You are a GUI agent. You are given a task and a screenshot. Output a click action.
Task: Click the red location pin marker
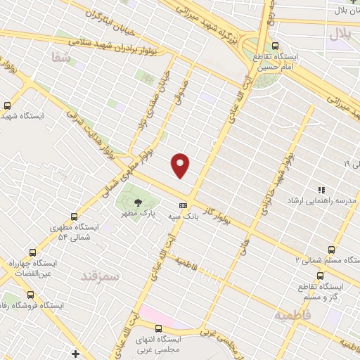[181, 165]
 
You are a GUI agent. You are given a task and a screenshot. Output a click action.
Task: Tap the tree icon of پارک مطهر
[137, 202]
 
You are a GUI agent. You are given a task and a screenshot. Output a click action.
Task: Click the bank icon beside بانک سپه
[184, 205]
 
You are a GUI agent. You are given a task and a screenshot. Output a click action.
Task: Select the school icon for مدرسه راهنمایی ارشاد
[321, 190]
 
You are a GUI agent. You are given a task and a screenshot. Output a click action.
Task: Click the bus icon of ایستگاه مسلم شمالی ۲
[331, 250]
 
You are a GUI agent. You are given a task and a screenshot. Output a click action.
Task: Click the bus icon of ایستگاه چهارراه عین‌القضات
[31, 252]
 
